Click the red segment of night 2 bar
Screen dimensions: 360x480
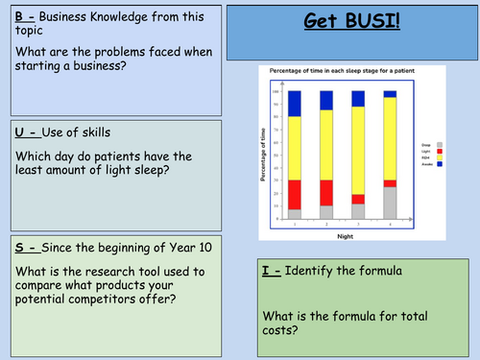[x=326, y=192]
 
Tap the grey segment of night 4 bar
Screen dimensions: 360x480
[x=390, y=203]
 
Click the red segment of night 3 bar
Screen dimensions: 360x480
[x=358, y=200]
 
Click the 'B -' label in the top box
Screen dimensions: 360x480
[x=25, y=15]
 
